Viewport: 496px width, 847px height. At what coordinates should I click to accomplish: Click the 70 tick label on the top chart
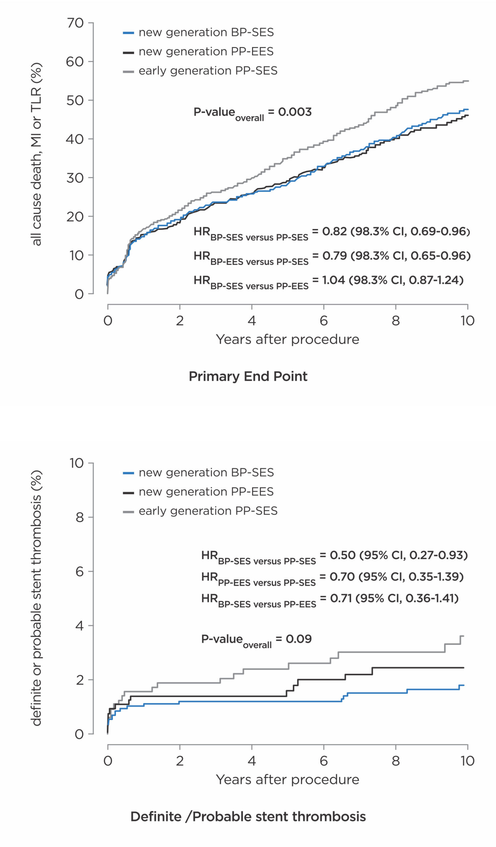pos(75,23)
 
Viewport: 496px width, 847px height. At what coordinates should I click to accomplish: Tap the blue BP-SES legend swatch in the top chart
pos(128,33)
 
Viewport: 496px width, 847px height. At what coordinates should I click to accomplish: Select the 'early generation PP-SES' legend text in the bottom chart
pos(208,511)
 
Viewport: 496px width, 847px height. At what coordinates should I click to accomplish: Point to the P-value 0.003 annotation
pos(252,112)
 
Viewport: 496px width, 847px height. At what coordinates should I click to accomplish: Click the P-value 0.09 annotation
pos(256,639)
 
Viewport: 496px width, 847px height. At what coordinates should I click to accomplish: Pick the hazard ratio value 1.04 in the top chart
pos(333,280)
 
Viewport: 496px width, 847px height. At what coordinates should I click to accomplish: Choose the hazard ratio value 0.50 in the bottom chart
pos(342,555)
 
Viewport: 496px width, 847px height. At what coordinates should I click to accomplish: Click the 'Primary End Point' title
pos(248,377)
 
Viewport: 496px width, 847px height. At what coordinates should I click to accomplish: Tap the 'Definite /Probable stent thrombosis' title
pos(248,817)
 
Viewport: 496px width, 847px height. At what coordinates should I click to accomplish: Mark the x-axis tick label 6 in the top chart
pos(323,321)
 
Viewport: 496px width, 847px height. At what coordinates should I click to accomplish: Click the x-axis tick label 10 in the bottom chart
pos(467,761)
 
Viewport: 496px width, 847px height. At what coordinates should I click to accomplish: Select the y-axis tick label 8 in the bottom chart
pos(79,517)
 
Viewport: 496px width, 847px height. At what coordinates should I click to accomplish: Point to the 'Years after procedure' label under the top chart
pos(287,339)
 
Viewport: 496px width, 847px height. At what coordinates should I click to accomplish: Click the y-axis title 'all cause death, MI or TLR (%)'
pos(36,154)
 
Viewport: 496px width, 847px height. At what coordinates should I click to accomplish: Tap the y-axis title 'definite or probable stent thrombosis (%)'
pos(36,598)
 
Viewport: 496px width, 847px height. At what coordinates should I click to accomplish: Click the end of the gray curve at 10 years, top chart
pos(468,81)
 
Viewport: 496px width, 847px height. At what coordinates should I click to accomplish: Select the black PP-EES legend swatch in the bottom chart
pos(128,493)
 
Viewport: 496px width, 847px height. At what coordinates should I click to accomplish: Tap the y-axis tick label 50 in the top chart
pos(75,101)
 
